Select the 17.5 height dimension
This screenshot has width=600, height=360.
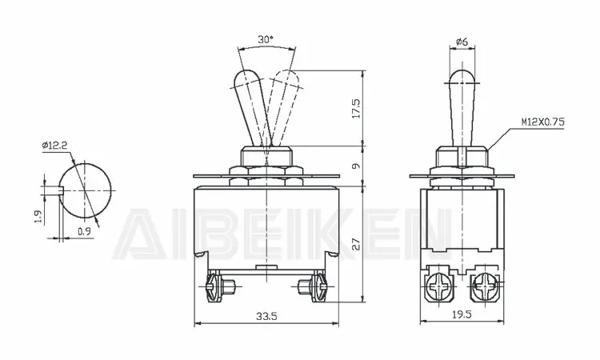355,109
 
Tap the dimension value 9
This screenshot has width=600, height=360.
356,166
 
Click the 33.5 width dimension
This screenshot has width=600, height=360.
266,317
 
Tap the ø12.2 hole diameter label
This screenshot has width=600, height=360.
54,145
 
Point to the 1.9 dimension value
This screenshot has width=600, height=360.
38,217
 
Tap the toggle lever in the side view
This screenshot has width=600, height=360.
458,104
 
